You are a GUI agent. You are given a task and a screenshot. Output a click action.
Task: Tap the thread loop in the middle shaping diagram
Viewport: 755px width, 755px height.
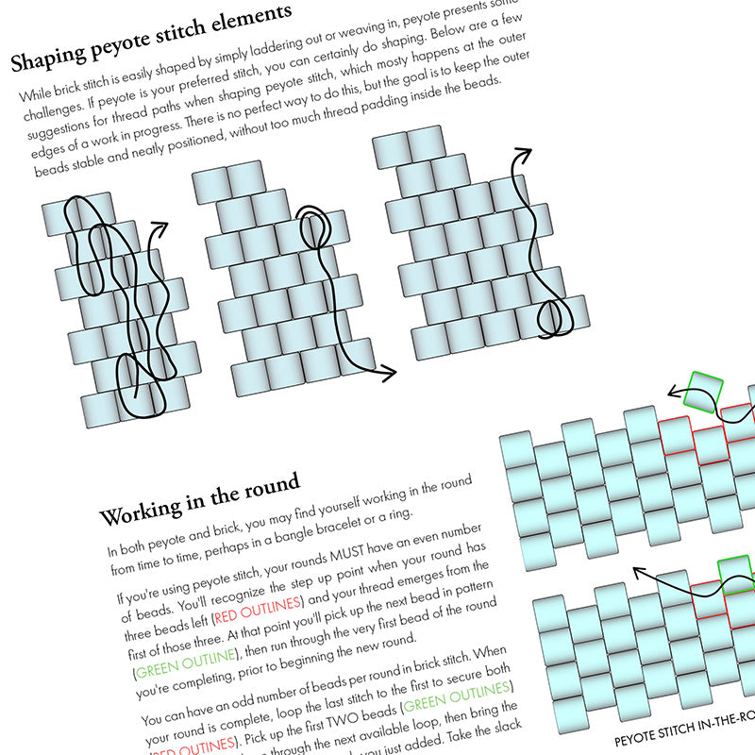313,227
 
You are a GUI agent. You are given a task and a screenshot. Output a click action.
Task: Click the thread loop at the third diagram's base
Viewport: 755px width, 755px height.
552,316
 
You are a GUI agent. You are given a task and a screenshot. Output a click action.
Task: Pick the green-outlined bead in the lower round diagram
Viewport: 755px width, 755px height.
737,571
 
